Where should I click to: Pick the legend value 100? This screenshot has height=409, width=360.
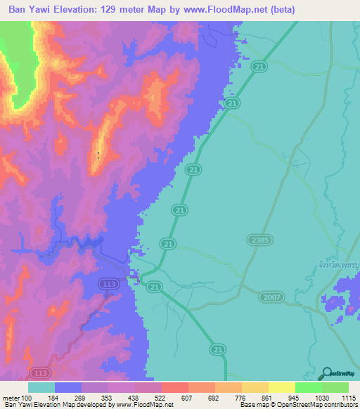[27, 398]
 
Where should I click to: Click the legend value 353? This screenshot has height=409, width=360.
[108, 398]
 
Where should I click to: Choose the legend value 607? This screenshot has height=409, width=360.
[188, 398]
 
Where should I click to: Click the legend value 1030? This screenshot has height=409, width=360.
[321, 398]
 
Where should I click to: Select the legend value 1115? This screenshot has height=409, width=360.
[349, 398]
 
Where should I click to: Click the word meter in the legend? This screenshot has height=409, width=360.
[10, 398]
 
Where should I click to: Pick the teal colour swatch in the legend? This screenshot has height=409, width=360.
[41, 387]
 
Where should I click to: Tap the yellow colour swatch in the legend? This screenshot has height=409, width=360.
[282, 387]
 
